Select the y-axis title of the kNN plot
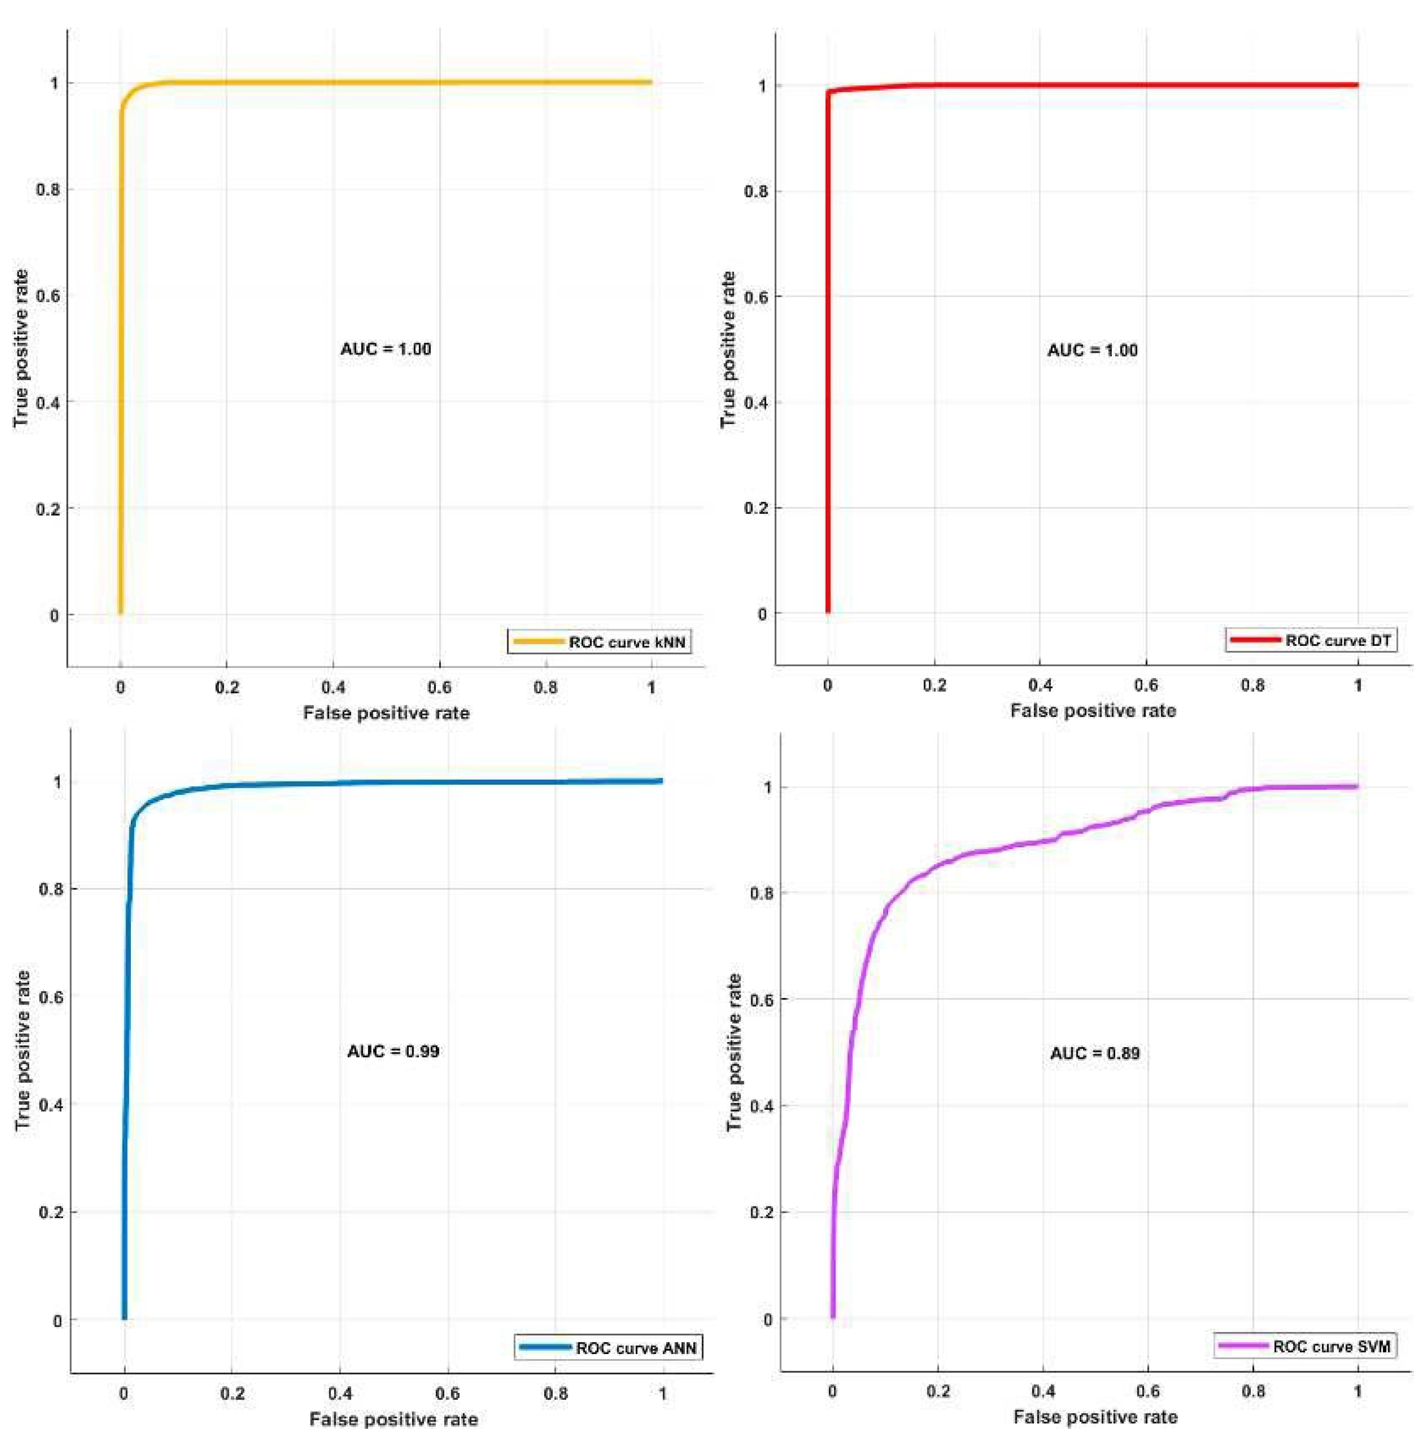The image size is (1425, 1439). [x=21, y=348]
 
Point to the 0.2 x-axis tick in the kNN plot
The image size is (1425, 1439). [x=227, y=688]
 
